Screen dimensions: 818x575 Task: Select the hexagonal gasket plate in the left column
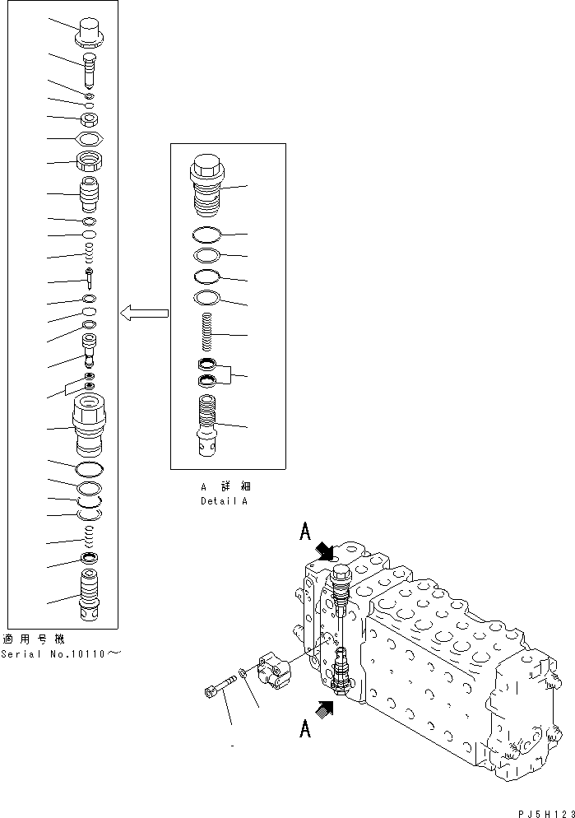pyautogui.click(x=88, y=139)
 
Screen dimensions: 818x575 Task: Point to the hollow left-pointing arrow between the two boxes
pyautogui.click(x=144, y=313)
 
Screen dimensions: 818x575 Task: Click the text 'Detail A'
pyautogui.click(x=224, y=500)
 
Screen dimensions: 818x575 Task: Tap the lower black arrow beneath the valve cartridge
pyautogui.click(x=327, y=704)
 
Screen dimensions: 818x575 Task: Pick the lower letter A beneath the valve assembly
pyautogui.click(x=304, y=728)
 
